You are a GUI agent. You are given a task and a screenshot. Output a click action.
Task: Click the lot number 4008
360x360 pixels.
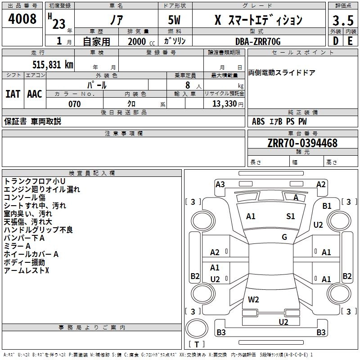tap(22, 19)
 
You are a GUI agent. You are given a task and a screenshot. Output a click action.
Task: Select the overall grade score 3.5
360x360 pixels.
tap(343, 21)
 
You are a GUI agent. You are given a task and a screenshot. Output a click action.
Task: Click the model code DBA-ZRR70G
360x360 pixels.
tap(258, 41)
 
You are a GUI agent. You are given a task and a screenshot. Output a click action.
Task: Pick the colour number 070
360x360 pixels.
tap(74, 104)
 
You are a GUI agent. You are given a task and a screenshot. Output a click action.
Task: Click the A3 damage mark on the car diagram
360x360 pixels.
tap(220, 184)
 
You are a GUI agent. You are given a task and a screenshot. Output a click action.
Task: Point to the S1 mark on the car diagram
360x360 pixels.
tap(291, 216)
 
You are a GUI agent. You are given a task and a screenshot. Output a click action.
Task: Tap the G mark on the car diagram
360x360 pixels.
tap(284, 237)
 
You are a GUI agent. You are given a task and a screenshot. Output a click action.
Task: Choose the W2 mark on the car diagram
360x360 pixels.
tap(253, 299)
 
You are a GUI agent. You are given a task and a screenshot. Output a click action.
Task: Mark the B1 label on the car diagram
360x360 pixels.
tap(327, 206)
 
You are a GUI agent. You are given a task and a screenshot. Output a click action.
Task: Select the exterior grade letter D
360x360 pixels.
tap(335, 41)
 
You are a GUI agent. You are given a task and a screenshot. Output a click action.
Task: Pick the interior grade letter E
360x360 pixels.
tap(350, 41)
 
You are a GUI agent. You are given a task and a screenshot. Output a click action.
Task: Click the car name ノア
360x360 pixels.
tap(116, 20)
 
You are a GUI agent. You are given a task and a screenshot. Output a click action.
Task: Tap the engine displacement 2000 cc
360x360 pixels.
tap(140, 41)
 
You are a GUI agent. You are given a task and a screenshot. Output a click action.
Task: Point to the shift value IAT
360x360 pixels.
tap(13, 94)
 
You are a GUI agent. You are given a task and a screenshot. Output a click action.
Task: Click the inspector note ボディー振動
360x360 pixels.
tap(24, 262)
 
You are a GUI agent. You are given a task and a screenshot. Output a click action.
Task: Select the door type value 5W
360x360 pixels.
tap(175, 20)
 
